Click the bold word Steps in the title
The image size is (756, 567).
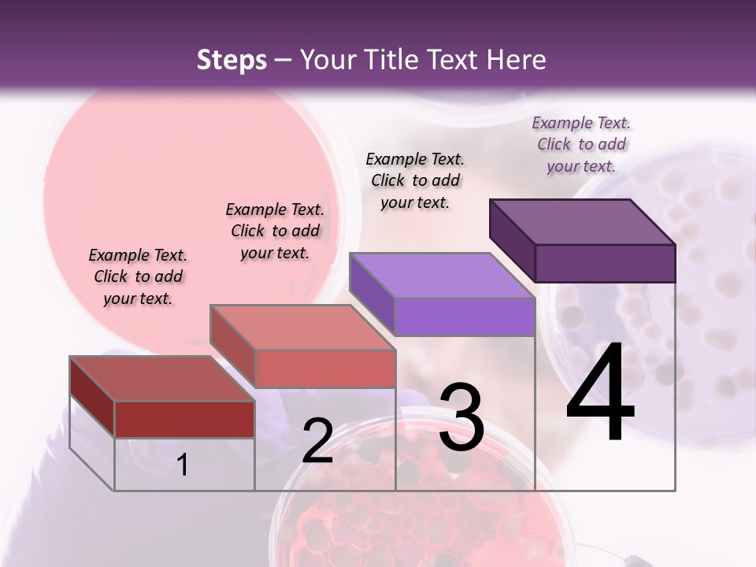pyautogui.click(x=231, y=61)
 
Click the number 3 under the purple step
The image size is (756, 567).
pyautogui.click(x=461, y=417)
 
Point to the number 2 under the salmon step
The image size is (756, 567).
pyautogui.click(x=317, y=441)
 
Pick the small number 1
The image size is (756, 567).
pyautogui.click(x=183, y=465)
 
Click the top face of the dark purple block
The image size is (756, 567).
pyautogui.click(x=583, y=222)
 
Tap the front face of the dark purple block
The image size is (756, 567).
pyautogui.click(x=605, y=263)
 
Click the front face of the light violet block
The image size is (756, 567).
pyautogui.click(x=465, y=317)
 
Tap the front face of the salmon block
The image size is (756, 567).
pyautogui.click(x=325, y=369)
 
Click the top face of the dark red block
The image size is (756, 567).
pyautogui.click(x=162, y=379)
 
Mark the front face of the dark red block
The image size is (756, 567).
pyautogui.click(x=184, y=419)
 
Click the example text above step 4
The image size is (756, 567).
pyautogui.click(x=581, y=144)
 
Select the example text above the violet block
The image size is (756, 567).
pyautogui.click(x=415, y=180)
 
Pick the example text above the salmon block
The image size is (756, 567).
pyautogui.click(x=275, y=231)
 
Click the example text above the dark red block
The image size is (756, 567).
pyautogui.click(x=138, y=276)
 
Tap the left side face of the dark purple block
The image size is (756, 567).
pyautogui.click(x=512, y=239)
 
